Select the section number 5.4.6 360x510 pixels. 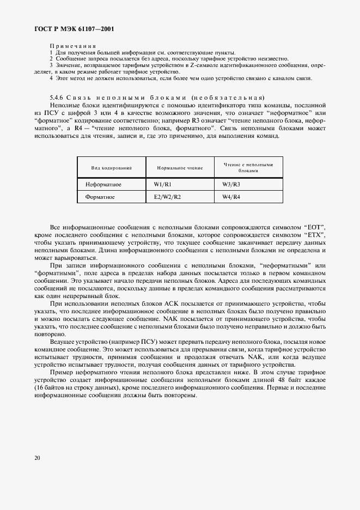point(57,98)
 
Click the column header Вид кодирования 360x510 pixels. point(111,168)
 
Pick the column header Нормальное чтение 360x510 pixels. point(180,168)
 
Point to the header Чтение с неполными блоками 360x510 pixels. point(247,167)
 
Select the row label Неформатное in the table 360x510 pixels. point(103,185)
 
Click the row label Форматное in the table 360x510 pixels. point(100,197)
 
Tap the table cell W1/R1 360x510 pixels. point(162,185)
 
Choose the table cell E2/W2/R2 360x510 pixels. point(167,197)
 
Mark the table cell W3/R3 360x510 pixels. point(231,185)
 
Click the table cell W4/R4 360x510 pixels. point(231,197)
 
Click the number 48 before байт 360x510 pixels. point(284,380)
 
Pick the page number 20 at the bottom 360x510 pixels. point(37,458)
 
